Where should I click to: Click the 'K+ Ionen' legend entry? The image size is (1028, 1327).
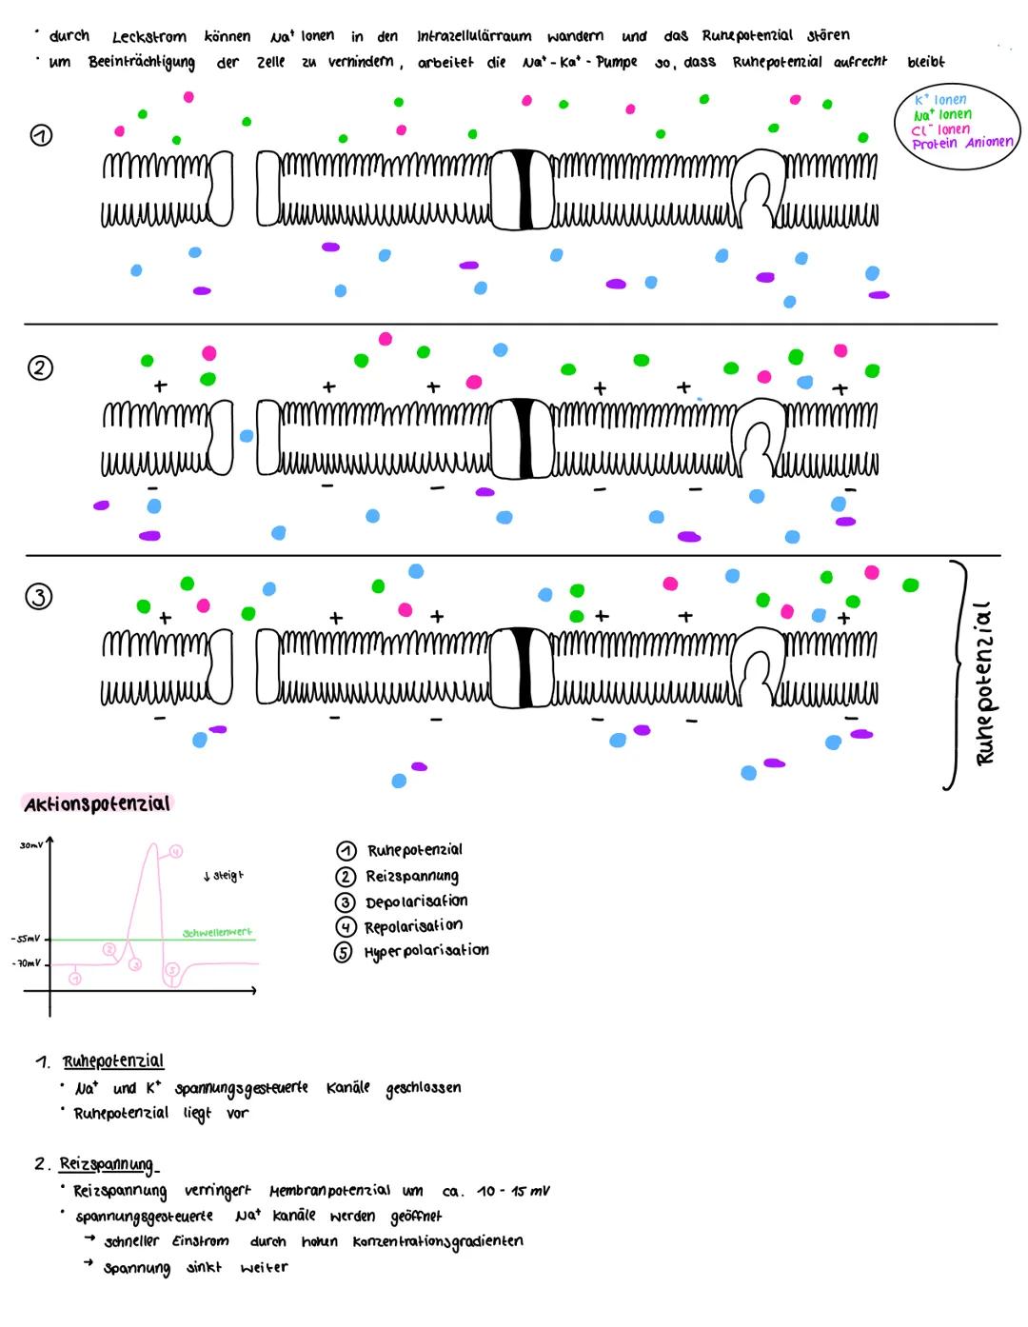(x=939, y=100)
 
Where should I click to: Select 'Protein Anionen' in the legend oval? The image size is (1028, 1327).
(x=961, y=144)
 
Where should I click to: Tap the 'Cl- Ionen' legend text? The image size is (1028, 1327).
(x=940, y=129)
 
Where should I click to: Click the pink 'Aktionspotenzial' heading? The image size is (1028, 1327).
(x=97, y=803)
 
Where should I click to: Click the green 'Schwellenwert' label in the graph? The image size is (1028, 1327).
(x=217, y=932)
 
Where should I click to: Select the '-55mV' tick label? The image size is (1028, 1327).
(x=25, y=940)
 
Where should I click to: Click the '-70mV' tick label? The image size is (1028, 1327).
(x=26, y=963)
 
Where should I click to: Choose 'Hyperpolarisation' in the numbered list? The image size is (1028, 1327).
(x=425, y=951)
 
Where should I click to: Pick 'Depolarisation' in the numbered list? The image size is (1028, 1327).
(x=416, y=901)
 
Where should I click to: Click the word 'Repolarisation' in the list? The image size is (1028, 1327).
(x=413, y=926)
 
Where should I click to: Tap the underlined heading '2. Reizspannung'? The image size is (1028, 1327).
(x=106, y=1163)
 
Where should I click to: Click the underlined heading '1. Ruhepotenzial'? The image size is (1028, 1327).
(x=112, y=1061)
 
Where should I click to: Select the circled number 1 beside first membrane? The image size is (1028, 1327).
(x=41, y=136)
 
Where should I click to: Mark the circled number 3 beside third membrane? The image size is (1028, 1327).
(x=39, y=598)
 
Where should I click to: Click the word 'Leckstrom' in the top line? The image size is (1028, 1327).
(x=149, y=37)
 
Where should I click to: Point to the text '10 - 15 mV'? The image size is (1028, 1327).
(x=513, y=1191)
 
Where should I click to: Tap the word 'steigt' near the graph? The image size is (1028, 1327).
(x=227, y=876)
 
